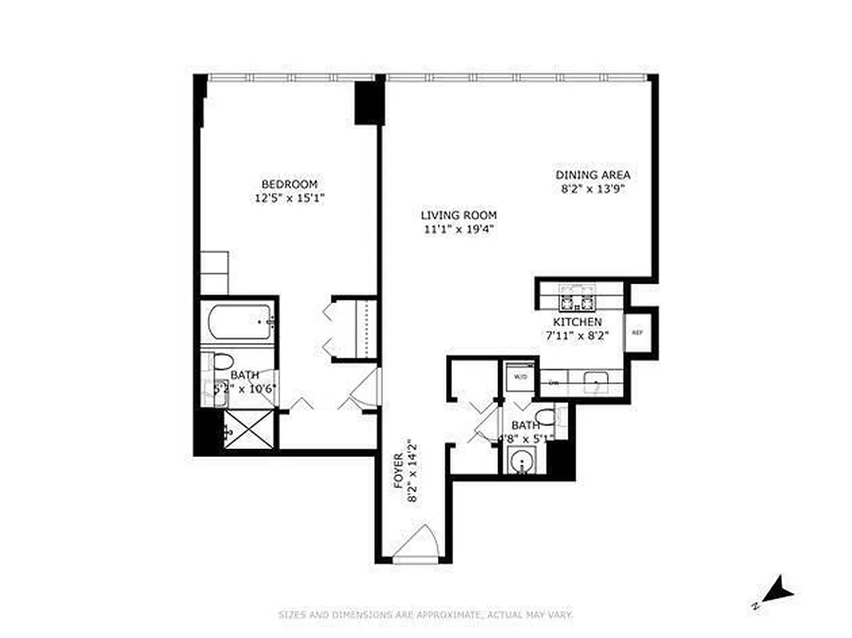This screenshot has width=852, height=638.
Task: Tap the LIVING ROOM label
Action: [460, 215]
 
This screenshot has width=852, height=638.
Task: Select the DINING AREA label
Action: [594, 175]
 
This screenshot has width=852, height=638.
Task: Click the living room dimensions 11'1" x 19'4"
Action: [460, 230]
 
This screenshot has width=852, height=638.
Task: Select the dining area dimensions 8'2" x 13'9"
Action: [594, 189]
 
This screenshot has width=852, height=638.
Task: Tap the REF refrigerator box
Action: [637, 333]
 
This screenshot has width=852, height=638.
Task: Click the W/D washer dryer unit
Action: [521, 376]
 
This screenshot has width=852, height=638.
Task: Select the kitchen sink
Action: [594, 384]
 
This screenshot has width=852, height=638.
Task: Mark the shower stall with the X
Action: [249, 431]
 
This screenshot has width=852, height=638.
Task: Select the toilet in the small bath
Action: [547, 416]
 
